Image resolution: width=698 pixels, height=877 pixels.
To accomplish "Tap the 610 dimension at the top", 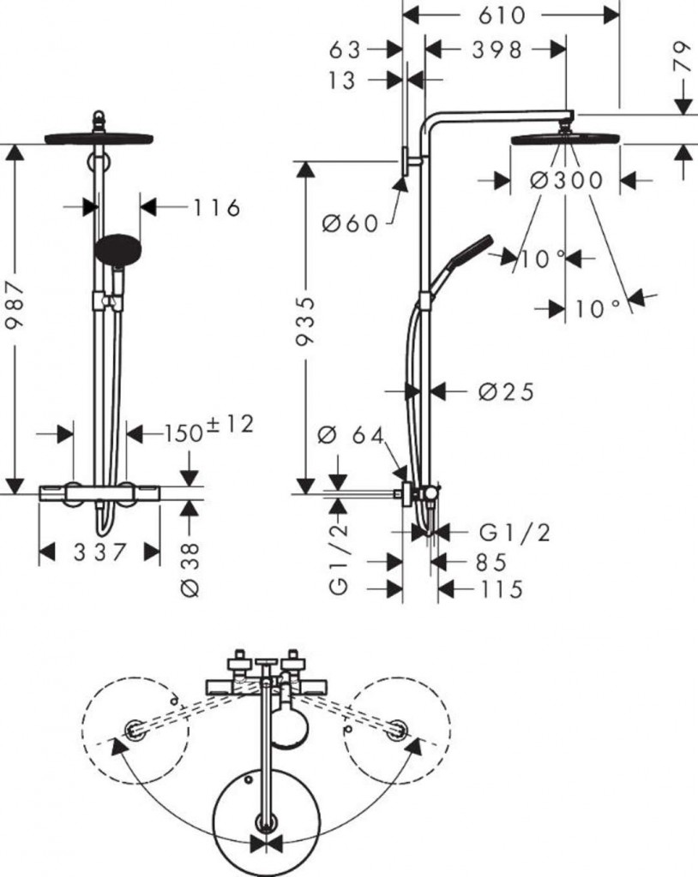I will click(x=512, y=15).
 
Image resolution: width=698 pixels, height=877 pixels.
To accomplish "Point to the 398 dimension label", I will click(x=496, y=50).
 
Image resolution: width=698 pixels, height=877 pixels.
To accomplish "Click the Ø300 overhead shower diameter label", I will click(x=566, y=181).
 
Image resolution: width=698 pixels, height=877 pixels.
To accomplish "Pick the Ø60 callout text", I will click(x=350, y=224).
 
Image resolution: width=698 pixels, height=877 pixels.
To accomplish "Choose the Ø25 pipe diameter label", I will click(x=506, y=391).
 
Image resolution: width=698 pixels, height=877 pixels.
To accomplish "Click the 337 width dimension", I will click(x=99, y=552).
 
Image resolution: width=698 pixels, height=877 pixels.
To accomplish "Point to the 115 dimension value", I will click(x=491, y=590).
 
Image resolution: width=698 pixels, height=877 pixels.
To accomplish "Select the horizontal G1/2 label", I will click(x=514, y=533).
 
